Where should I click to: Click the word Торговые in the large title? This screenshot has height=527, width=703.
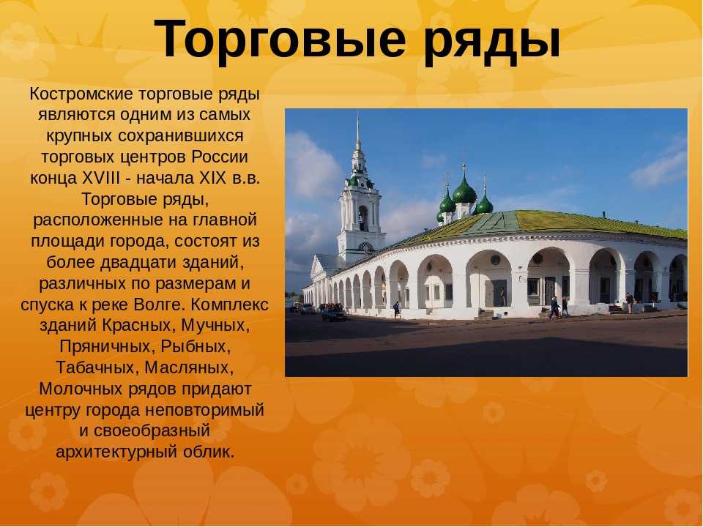(280, 39)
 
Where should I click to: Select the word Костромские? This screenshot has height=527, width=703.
(81, 94)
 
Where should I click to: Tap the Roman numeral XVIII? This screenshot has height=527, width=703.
(101, 178)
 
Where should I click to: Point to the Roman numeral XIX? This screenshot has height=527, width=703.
(212, 178)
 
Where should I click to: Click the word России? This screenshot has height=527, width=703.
(220, 157)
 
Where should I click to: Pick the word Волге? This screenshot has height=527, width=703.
(159, 304)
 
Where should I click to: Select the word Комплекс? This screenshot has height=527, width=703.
(229, 304)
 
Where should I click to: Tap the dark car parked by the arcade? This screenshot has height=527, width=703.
(334, 313)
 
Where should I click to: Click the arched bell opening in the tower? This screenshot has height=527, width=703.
(363, 218)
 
